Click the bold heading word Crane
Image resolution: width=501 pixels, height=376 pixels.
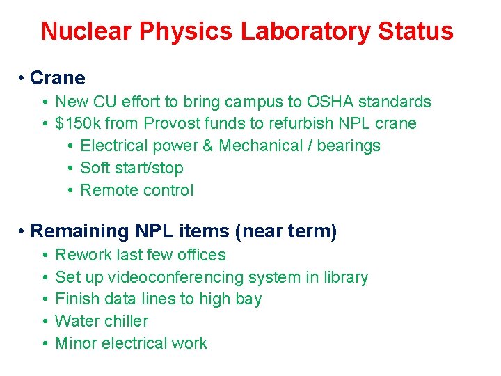[x=58, y=78]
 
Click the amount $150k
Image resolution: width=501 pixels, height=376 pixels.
[x=77, y=124]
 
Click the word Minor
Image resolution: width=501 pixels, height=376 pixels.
[x=76, y=343]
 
